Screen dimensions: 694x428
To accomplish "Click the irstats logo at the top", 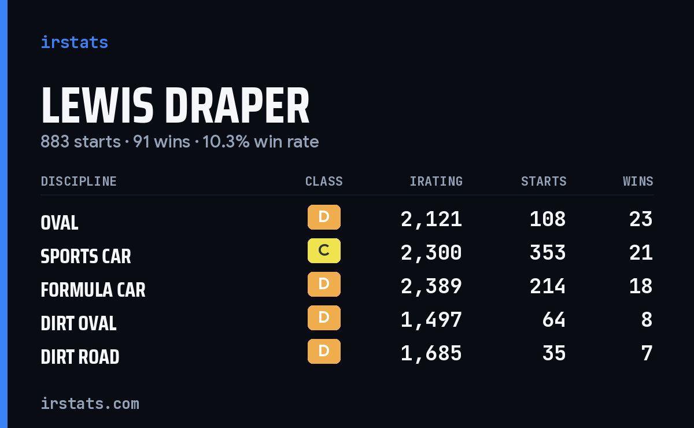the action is click(x=75, y=42).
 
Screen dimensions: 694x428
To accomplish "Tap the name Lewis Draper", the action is click(x=175, y=105).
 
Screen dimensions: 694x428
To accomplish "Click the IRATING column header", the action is click(x=436, y=181).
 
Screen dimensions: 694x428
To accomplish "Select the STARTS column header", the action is click(x=544, y=181).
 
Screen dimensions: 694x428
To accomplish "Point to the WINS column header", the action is click(x=638, y=181).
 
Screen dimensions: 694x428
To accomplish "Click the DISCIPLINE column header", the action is click(x=79, y=181).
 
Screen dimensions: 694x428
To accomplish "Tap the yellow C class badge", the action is click(x=324, y=250).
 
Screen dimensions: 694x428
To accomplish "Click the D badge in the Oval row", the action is click(x=324, y=217).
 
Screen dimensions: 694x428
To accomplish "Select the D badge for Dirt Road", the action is click(x=324, y=352).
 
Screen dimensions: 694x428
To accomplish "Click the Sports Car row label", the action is click(x=86, y=256).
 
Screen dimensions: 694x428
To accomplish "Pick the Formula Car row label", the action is click(x=93, y=290).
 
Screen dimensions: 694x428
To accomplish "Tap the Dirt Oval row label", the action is click(x=79, y=323).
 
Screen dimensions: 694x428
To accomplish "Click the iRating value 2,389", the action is click(x=431, y=286).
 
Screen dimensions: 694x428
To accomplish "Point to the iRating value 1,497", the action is click(x=431, y=320).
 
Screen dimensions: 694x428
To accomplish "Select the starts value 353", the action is click(x=548, y=253).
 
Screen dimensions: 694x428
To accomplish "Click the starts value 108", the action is click(x=548, y=219).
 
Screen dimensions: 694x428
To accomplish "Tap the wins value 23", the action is click(x=641, y=219).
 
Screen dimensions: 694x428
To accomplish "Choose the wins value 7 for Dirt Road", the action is click(x=647, y=353).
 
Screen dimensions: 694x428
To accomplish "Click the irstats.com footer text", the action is click(x=90, y=404).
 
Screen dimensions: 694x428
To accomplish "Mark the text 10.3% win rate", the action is click(x=261, y=142).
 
